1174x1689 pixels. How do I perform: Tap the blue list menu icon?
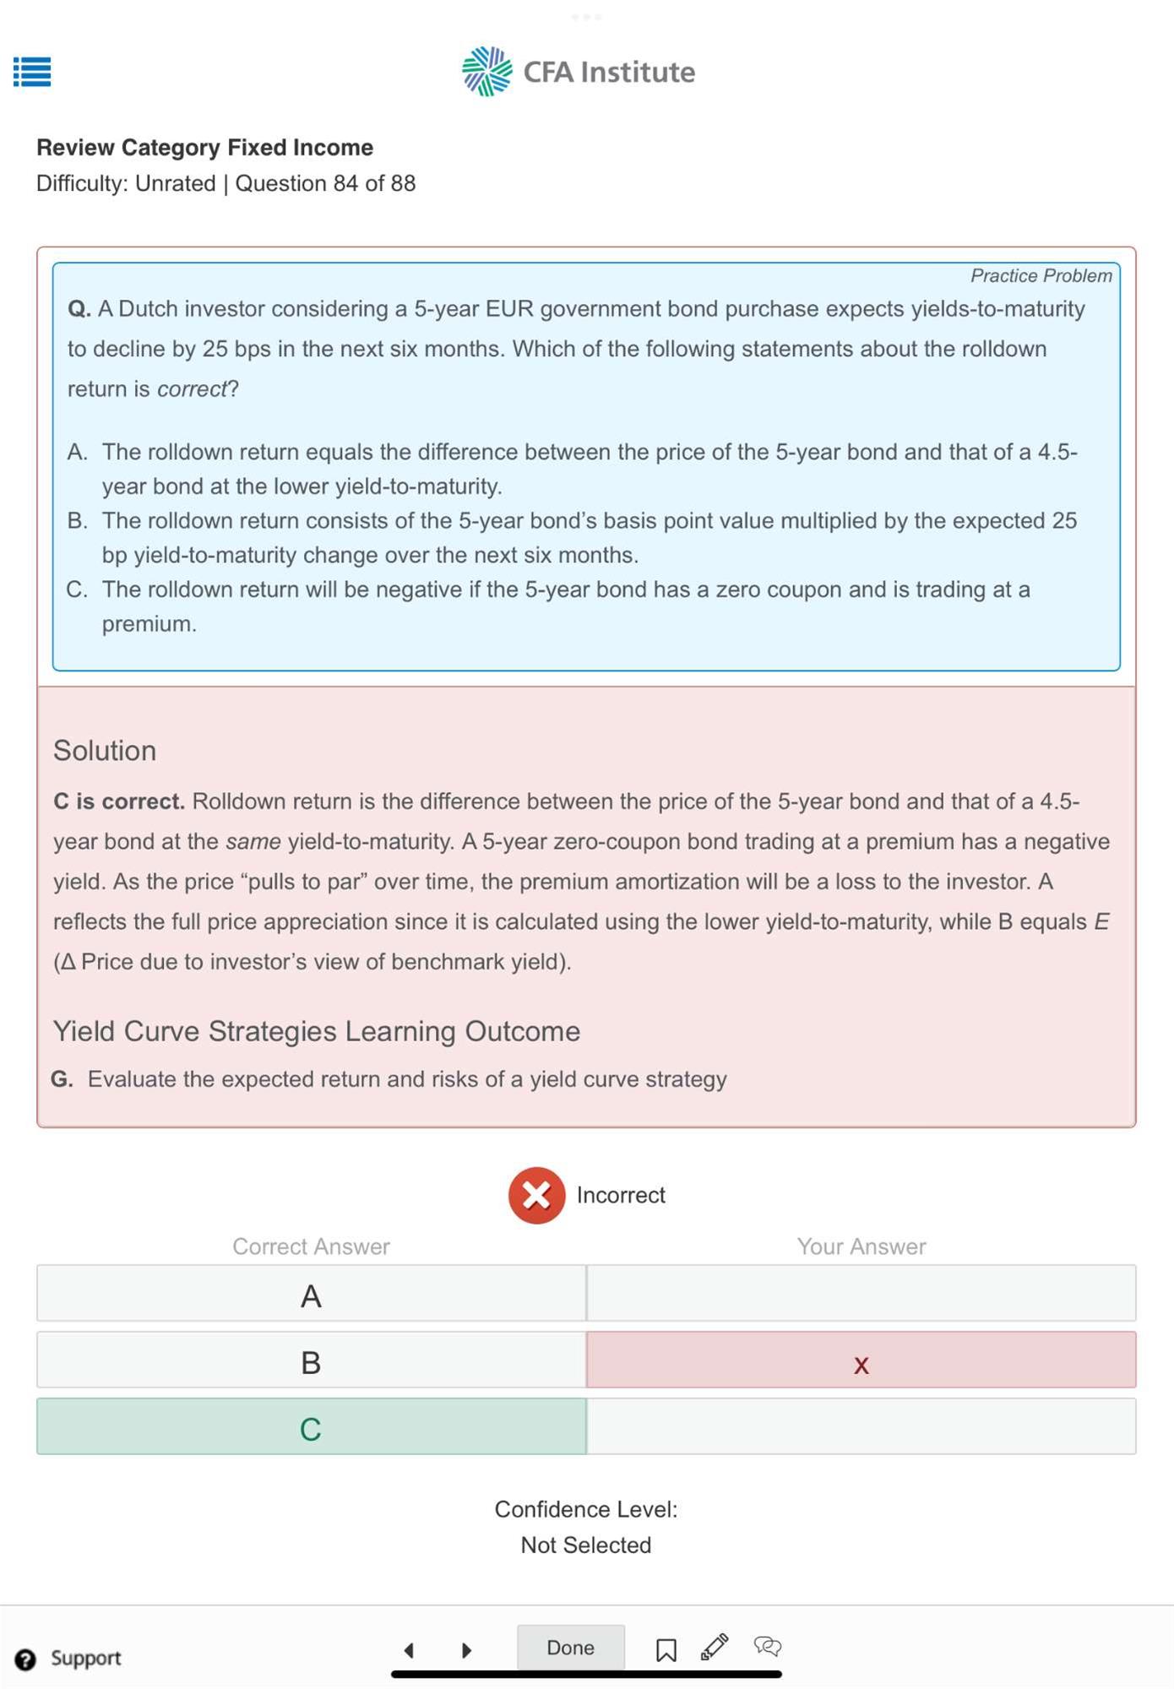[32, 72]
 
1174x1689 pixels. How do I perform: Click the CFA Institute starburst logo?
[487, 72]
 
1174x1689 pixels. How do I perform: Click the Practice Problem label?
[1041, 276]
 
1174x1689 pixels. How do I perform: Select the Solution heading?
[105, 751]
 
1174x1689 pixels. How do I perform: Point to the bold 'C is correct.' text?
[119, 801]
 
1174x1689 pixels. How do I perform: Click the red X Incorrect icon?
[536, 1195]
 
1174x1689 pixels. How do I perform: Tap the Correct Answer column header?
[311, 1246]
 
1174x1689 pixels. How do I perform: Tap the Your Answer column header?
[861, 1246]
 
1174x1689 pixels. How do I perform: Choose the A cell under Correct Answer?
[311, 1295]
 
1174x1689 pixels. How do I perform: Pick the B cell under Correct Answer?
[311, 1361]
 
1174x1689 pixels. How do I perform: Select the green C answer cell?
[311, 1428]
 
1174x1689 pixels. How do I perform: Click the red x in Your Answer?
[861, 1363]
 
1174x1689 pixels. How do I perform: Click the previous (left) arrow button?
[410, 1649]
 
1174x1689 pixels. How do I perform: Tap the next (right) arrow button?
[466, 1649]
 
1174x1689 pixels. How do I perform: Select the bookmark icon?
[666, 1649]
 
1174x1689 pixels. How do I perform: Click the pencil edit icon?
[715, 1646]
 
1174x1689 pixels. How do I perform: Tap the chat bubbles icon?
[767, 1646]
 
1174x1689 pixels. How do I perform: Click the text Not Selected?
[585, 1545]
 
